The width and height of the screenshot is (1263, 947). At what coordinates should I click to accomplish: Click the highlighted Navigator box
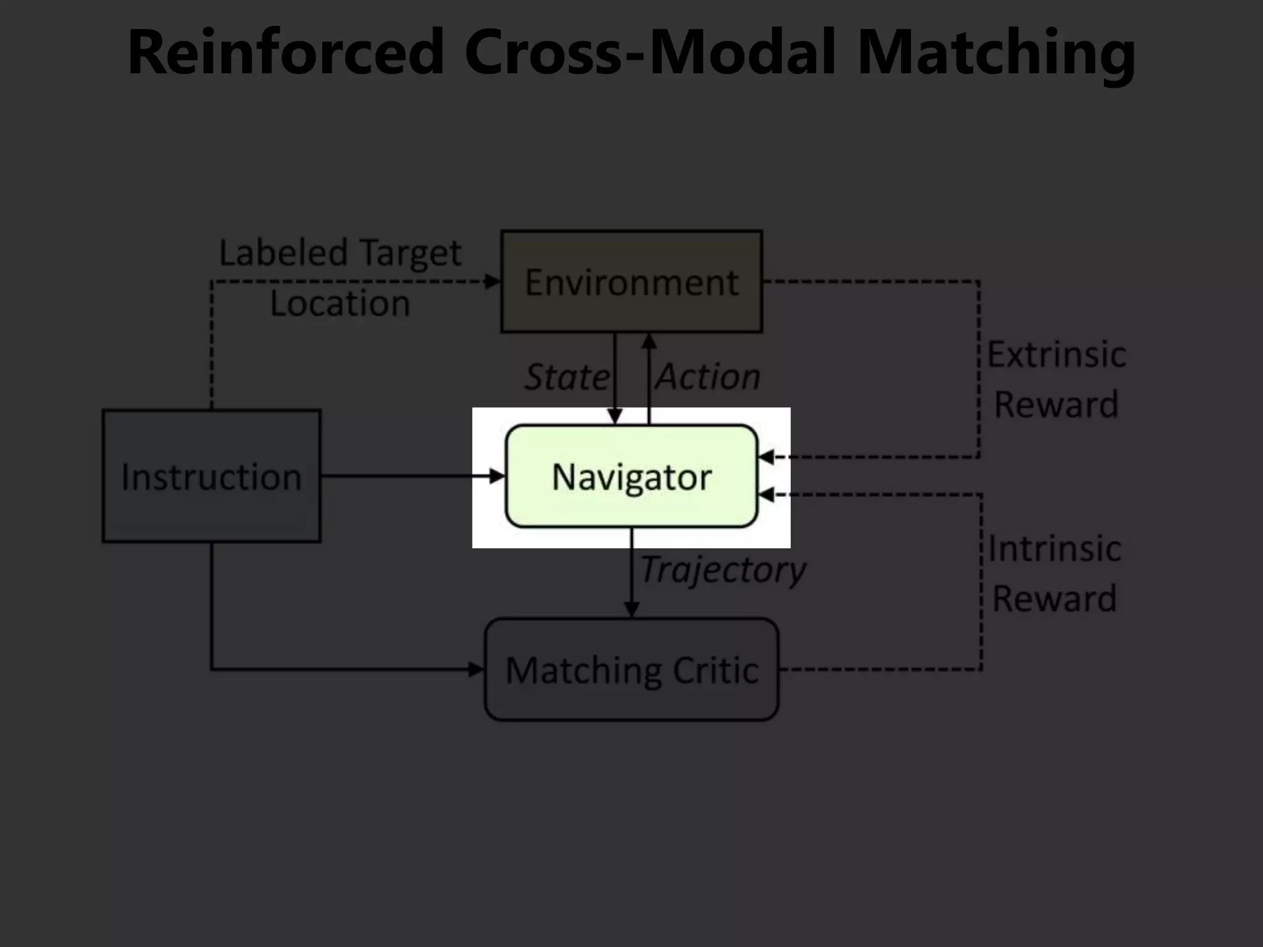631,477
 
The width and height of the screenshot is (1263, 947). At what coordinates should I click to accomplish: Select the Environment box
631,282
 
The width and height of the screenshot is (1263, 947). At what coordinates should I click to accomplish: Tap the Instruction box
212,476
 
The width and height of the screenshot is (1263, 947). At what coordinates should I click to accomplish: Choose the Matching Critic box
631,670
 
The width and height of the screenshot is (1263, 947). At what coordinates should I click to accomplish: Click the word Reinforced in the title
286,52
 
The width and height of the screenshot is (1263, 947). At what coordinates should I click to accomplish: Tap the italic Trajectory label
723,570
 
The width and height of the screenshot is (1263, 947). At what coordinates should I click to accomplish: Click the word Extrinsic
1056,355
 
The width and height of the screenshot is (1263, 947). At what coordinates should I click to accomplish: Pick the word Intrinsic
1055,549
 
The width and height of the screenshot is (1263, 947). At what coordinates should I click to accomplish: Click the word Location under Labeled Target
340,303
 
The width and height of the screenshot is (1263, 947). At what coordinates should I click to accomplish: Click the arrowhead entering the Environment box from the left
493,282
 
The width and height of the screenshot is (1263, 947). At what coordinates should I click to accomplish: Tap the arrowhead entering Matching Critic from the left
477,669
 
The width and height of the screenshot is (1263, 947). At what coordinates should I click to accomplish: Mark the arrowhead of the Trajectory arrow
631,610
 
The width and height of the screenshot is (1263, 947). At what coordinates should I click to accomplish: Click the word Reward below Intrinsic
1055,599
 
